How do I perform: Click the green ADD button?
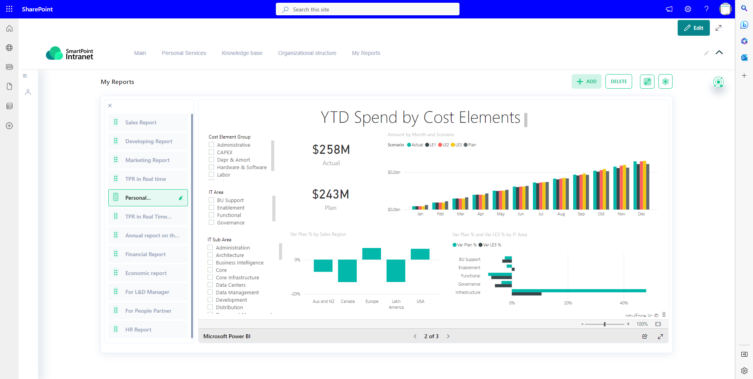tap(586, 82)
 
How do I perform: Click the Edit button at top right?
tap(693, 28)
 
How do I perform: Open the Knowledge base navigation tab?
tap(242, 53)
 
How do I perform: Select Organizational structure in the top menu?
tap(307, 53)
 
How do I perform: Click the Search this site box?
tap(367, 9)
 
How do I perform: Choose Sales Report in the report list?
tap(141, 122)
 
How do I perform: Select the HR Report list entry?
tap(138, 330)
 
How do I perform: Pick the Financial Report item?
tap(145, 254)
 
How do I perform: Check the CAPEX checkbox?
tap(211, 152)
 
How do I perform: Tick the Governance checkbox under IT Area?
tap(211, 222)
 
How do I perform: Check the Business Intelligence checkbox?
tap(210, 262)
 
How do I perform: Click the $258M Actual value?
tap(331, 150)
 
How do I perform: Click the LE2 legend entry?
tap(443, 145)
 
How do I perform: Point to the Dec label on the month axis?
tap(641, 214)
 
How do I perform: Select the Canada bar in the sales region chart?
tap(347, 270)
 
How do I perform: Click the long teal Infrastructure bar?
tap(578, 291)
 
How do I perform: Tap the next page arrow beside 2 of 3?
tap(448, 336)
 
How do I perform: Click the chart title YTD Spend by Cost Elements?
tap(420, 117)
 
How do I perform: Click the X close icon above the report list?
tap(110, 106)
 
